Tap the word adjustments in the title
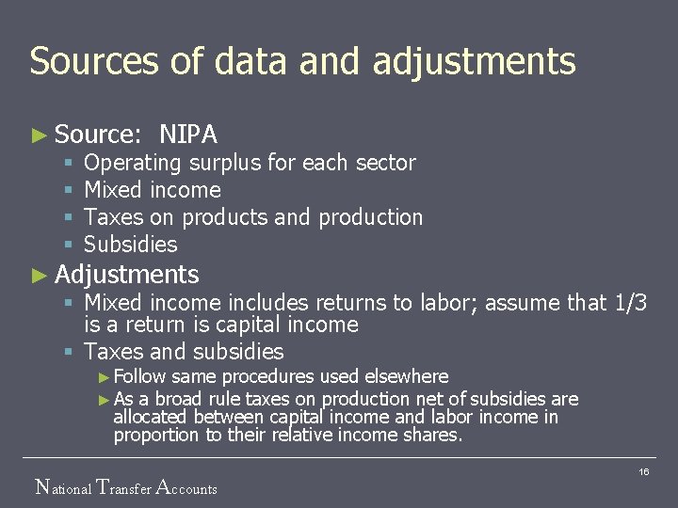point(474,61)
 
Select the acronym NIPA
point(188,135)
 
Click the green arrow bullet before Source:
point(39,135)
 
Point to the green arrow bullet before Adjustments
point(39,276)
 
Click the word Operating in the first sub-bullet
point(132,163)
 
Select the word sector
point(385,163)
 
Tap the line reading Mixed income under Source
point(153,190)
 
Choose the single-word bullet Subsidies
point(130,245)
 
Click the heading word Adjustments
point(127,275)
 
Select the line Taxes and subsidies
point(184,352)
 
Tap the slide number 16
point(644,470)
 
